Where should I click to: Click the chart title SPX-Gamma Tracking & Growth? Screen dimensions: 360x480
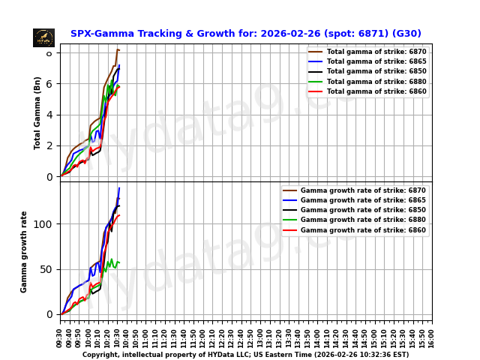(x=245, y=34)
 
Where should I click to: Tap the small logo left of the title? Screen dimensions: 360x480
(x=43, y=37)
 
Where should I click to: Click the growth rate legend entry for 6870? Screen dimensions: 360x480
(x=362, y=190)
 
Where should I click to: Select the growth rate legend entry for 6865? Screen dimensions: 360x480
(x=362, y=200)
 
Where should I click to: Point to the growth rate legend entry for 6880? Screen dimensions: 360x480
(x=362, y=220)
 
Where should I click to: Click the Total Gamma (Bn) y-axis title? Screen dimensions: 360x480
(x=37, y=112)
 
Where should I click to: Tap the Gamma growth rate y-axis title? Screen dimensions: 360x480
(x=24, y=251)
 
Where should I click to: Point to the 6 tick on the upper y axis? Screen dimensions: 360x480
(x=49, y=83)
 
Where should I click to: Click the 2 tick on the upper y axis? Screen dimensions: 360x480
(x=49, y=145)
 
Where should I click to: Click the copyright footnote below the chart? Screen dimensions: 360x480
(x=245, y=355)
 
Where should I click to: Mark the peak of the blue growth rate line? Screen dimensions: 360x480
(x=119, y=187)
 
